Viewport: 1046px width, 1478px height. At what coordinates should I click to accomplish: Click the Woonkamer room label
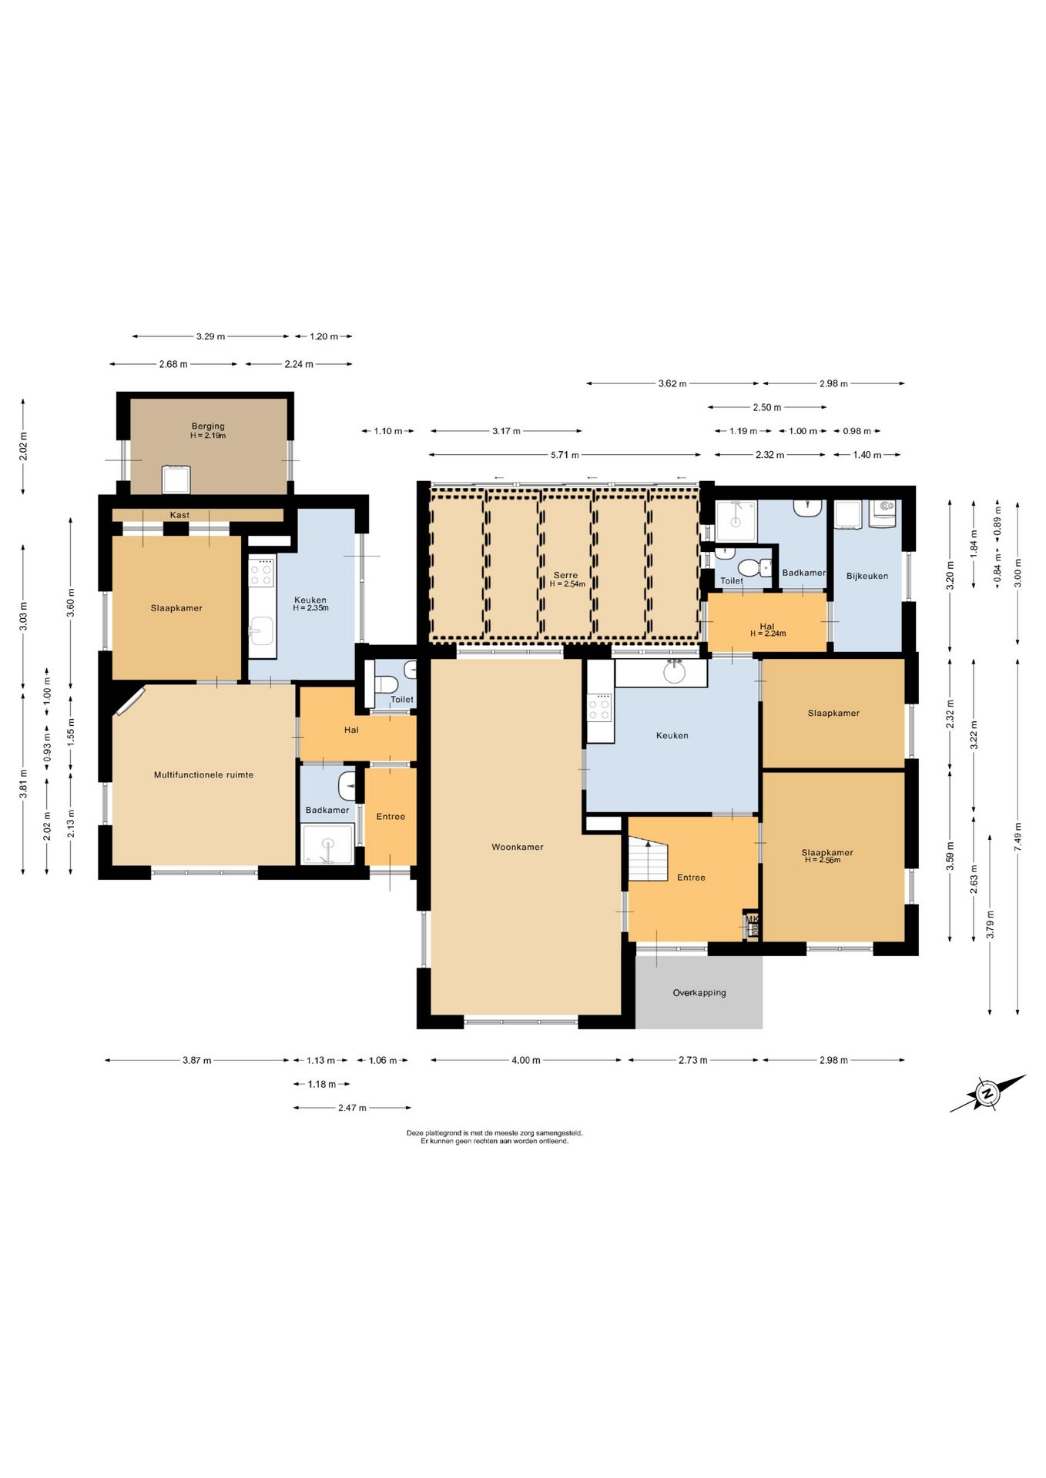tap(517, 847)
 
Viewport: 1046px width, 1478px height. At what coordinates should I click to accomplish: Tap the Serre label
tap(565, 575)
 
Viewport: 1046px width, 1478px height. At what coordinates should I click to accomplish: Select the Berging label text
tap(208, 426)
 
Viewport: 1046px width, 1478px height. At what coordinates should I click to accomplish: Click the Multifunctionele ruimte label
tap(203, 774)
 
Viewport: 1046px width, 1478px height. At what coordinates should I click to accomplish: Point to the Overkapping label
tap(699, 992)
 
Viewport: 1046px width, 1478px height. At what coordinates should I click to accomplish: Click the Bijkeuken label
tap(867, 576)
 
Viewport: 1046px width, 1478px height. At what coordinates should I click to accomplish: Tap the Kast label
tap(179, 515)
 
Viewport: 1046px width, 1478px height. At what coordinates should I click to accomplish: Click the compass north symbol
tap(987, 1093)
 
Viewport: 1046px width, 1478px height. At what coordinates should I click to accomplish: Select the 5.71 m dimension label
tap(565, 455)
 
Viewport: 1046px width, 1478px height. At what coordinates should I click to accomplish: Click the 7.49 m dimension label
tap(1018, 836)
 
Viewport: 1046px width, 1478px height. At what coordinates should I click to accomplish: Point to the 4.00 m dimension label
tap(526, 1060)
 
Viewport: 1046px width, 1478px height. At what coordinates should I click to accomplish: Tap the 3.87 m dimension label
tap(196, 1060)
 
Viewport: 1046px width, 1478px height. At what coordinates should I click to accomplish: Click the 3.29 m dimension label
tap(210, 336)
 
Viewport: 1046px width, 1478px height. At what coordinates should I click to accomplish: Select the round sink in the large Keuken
tap(675, 671)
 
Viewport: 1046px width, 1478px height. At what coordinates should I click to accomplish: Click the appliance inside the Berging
tap(176, 480)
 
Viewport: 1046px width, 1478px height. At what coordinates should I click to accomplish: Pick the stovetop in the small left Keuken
tap(261, 571)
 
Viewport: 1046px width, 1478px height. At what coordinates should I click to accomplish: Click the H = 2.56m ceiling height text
tap(823, 860)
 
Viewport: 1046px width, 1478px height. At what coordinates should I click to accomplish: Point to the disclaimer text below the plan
tap(495, 1137)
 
